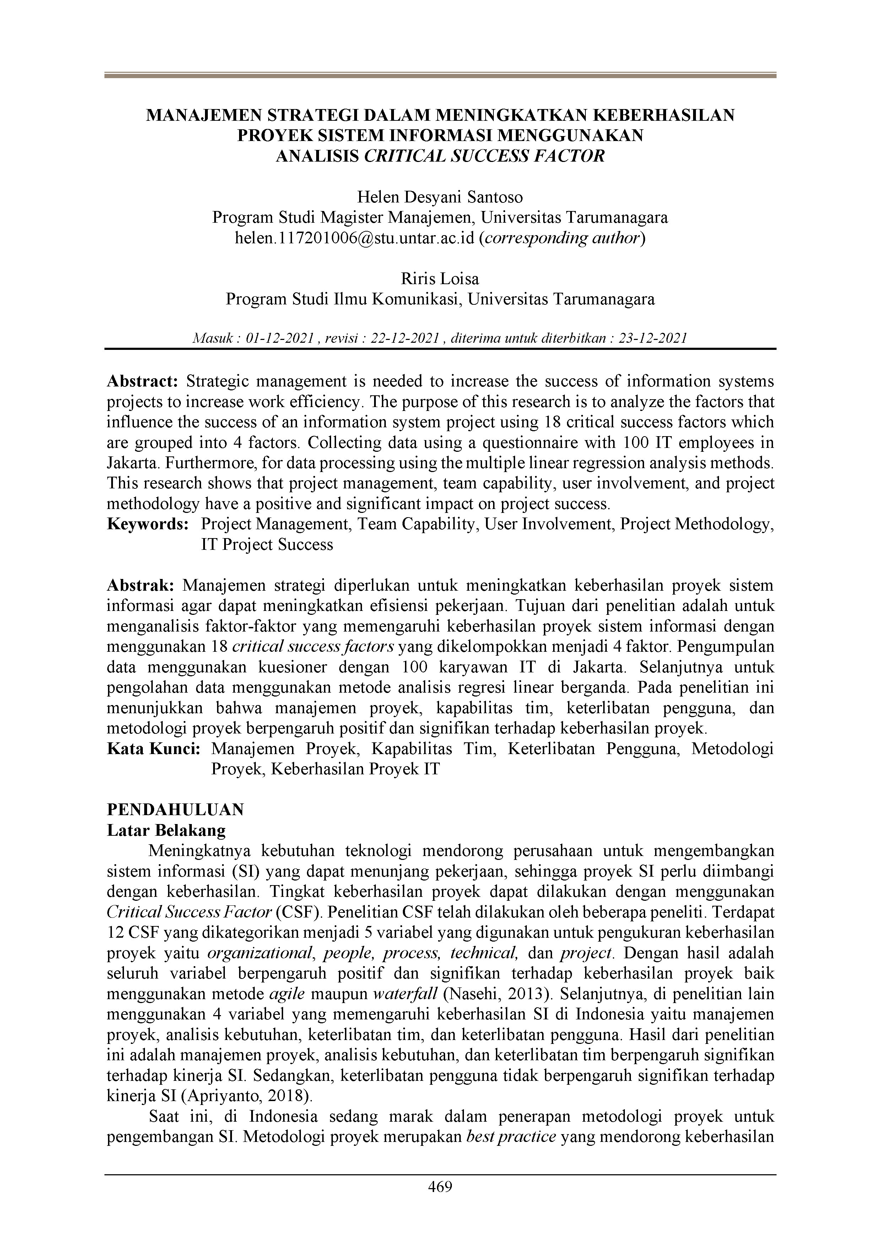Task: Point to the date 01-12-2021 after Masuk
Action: tap(280, 338)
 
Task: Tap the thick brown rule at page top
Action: tap(440, 75)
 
